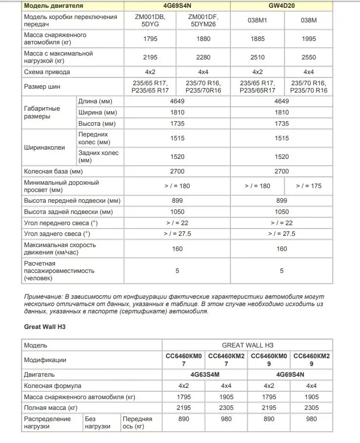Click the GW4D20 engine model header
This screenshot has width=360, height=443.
coord(281,6)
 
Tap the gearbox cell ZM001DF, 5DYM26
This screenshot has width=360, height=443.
coord(203,20)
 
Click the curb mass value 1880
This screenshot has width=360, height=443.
coord(203,39)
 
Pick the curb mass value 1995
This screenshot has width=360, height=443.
coord(308,39)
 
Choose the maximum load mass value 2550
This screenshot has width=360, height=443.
coord(308,57)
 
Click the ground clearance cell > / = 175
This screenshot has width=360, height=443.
coord(308,186)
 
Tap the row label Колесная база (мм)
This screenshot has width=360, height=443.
coord(54,172)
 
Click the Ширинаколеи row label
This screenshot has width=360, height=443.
coord(44,146)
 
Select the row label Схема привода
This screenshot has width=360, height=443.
coord(47,72)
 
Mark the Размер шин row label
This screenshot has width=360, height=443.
coord(43,87)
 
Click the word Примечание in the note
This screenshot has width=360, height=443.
coord(43,296)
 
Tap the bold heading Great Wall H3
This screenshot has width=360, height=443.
coord(44,327)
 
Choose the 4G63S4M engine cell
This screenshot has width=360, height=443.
coord(205,375)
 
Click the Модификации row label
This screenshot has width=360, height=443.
coord(45,360)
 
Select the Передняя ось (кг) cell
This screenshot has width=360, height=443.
coord(137,423)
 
